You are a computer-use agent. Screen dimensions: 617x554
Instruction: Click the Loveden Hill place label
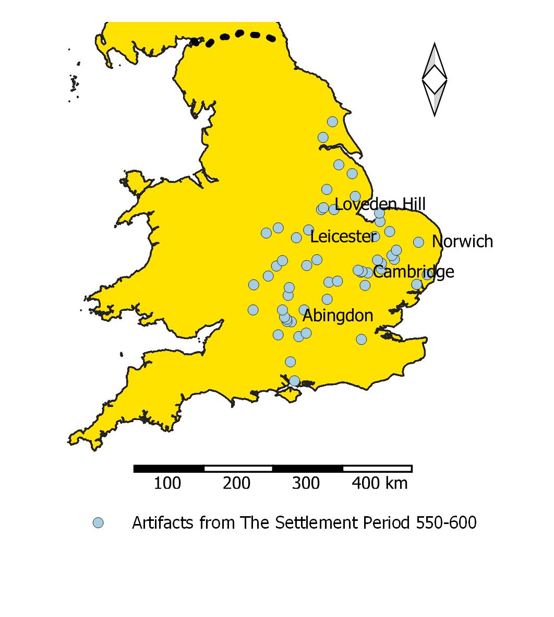tap(380, 204)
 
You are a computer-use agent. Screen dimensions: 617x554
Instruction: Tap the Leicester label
tap(343, 237)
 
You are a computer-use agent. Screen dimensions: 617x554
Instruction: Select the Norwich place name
tap(462, 241)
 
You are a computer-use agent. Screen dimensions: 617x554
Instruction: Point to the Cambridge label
tap(413, 272)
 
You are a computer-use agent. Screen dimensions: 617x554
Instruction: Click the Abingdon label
tap(338, 316)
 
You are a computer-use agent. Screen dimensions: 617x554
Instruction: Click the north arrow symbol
tap(434, 79)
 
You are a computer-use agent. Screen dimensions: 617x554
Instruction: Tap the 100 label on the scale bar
tap(167, 483)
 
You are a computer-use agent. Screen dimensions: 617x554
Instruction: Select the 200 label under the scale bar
tap(236, 483)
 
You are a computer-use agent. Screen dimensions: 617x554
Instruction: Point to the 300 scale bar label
tap(306, 483)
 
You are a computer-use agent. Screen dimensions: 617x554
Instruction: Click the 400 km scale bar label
tap(379, 483)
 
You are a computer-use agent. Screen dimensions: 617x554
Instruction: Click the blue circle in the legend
tap(98, 523)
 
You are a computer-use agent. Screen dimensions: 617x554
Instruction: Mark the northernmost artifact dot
tap(332, 122)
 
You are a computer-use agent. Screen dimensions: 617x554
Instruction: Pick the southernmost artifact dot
tap(294, 380)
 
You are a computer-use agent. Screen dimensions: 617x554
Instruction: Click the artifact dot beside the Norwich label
tap(418, 242)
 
